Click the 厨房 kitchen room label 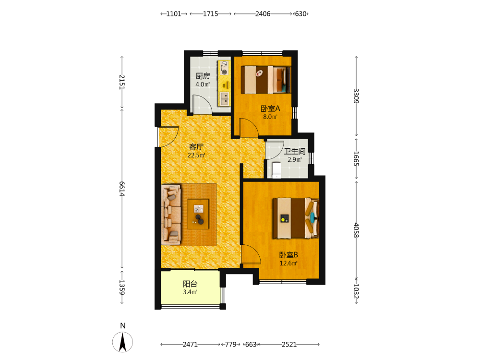point(203,76)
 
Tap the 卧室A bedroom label point(270,108)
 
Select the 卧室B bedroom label point(288,255)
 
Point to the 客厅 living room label point(196,147)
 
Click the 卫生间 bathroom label point(295,151)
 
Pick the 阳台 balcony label point(190,284)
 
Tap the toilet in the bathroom point(276,170)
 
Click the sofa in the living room point(171,214)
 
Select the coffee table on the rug point(198,214)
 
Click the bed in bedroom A point(266,80)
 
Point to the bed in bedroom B point(296,218)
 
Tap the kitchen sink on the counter point(224,98)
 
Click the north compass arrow point(122,342)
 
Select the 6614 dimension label point(122,189)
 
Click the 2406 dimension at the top point(263,14)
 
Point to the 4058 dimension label point(356,230)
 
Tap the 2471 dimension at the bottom point(190,344)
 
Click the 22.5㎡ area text point(196,155)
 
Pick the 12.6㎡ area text point(288,263)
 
